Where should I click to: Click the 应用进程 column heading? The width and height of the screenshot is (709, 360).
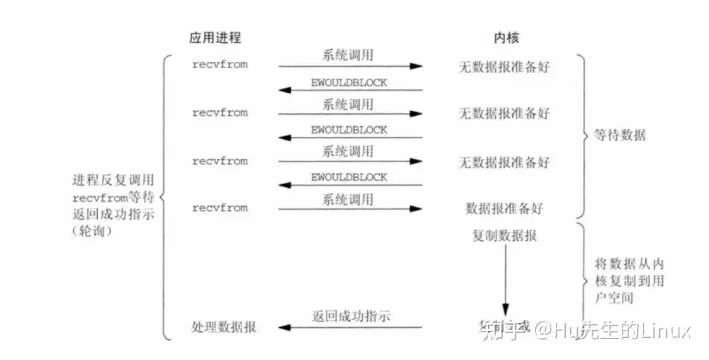215,38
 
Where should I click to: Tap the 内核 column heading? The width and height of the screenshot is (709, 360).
506,38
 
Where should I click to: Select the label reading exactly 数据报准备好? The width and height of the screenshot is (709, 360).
504,208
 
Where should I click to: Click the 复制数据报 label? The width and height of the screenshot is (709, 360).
505,236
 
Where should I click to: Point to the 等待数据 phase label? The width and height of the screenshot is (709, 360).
620,135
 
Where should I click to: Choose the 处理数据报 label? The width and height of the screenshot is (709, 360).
223,327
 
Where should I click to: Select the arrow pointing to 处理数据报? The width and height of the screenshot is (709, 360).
350,327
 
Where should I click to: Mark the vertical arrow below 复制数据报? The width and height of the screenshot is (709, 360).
505,277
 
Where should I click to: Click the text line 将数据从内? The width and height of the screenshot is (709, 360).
629,264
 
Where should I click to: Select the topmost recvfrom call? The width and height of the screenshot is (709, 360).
220,64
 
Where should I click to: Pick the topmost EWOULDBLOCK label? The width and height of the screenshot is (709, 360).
349,82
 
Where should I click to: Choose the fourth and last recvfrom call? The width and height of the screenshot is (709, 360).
220,208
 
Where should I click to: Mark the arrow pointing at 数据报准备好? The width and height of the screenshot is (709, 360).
350,209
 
